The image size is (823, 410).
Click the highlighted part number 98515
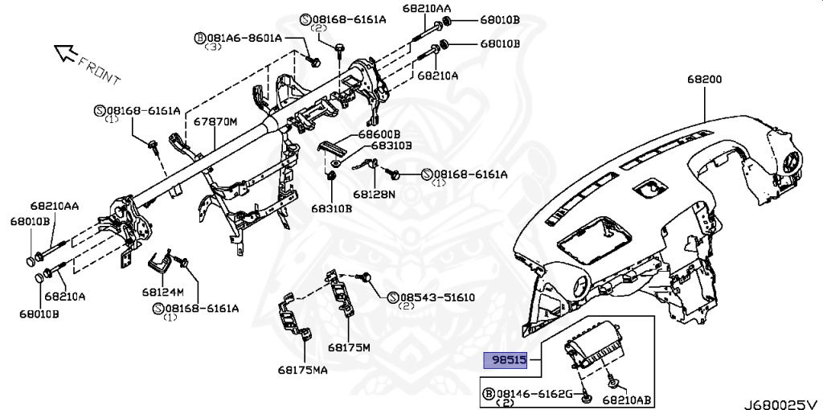(505, 359)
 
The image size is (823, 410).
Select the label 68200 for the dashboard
(704, 80)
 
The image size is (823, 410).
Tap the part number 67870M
(215, 121)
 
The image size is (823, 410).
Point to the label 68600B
(379, 133)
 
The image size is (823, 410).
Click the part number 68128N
(374, 194)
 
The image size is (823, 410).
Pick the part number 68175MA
(302, 370)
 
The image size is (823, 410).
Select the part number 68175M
(349, 347)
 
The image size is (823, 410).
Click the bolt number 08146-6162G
(533, 393)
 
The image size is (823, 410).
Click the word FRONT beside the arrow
(100, 71)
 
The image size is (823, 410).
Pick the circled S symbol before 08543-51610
(393, 297)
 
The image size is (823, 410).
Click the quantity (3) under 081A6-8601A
(213, 47)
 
